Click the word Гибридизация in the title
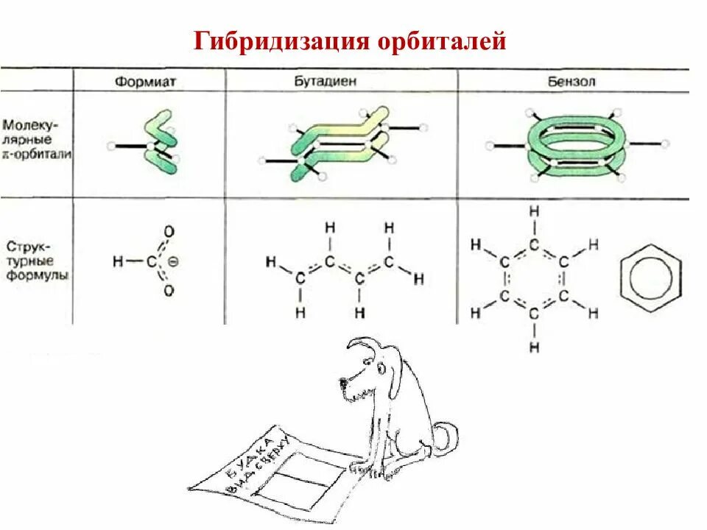[x=280, y=41]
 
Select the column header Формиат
[x=145, y=82]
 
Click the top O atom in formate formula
[x=169, y=231]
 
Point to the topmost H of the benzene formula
[x=534, y=211]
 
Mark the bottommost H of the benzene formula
[x=534, y=346]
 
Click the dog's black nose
[x=343, y=382]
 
